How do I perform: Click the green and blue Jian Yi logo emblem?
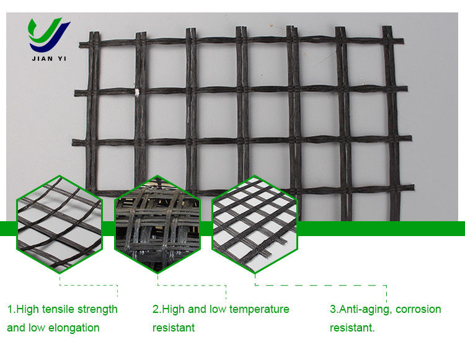pos(49,34)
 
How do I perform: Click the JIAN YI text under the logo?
pos(49,58)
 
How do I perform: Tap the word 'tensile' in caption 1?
pos(58,309)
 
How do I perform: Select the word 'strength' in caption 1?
pos(97,310)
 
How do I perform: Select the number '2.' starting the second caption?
pos(157,309)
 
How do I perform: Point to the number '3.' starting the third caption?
pos(334,309)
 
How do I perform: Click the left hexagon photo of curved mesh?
pos(60,224)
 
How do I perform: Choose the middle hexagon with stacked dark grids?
pos(157,224)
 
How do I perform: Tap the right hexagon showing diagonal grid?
pos(255,224)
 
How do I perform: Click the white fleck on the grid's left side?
pos(137,92)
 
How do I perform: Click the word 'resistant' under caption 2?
pos(174,328)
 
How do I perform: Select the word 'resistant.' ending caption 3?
pos(352,328)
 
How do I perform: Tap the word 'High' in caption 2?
pos(174,310)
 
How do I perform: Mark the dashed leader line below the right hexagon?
pos(321,285)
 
